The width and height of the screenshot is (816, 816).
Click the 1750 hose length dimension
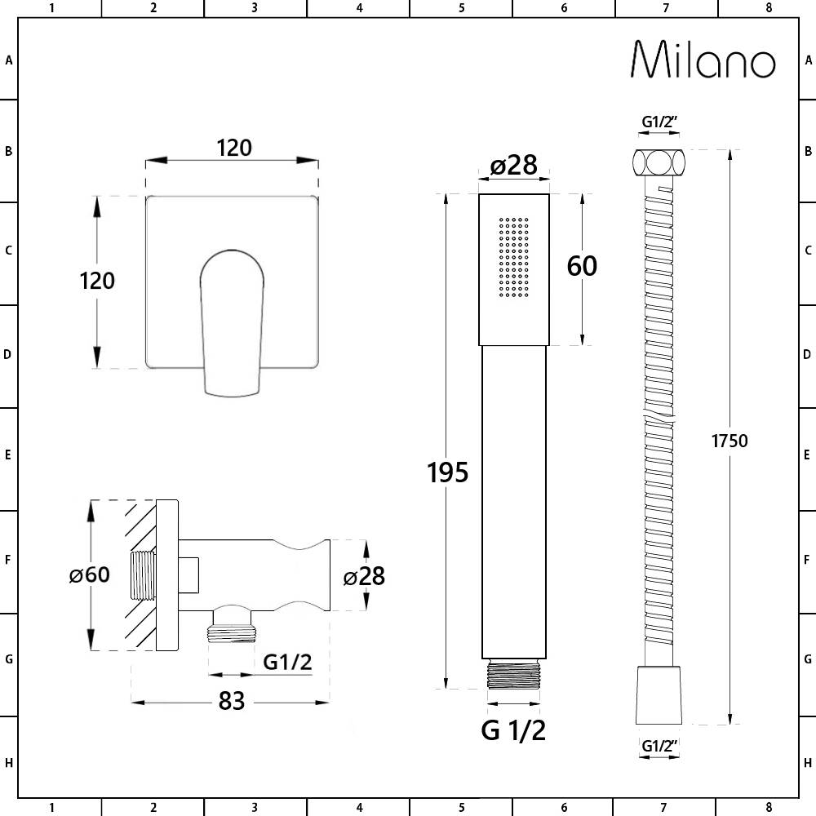(x=730, y=441)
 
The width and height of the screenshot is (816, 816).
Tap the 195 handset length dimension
(x=448, y=472)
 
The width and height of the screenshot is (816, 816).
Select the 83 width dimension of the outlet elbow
(x=232, y=701)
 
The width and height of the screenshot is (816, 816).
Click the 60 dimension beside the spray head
(x=582, y=266)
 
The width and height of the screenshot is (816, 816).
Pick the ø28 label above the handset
(x=513, y=166)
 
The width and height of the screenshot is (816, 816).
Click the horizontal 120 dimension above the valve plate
(x=233, y=148)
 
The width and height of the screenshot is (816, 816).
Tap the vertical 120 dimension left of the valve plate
(x=97, y=281)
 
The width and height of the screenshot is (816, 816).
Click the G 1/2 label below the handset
(x=513, y=730)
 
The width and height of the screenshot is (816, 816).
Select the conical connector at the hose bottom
(x=659, y=694)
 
